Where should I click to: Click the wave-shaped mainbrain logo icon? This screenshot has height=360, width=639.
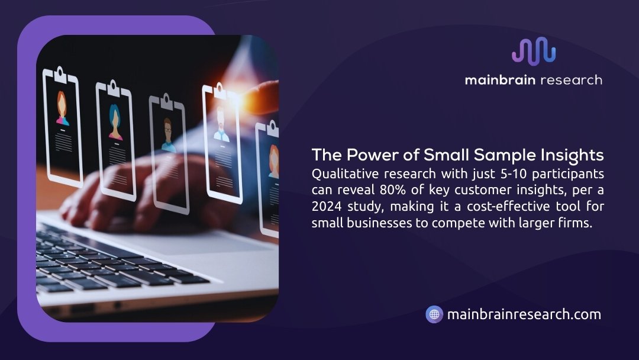[x=534, y=51]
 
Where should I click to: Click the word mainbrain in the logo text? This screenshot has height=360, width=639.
[x=500, y=79]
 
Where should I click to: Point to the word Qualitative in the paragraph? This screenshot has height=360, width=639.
[x=345, y=173]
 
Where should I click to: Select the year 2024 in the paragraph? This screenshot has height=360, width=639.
[x=327, y=206]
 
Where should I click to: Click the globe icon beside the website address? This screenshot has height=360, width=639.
[x=434, y=314]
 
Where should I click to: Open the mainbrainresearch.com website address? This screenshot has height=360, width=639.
[x=524, y=314]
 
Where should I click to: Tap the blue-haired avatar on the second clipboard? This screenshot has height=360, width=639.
[x=115, y=122]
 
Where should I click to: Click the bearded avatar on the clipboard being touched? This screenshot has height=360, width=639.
[x=221, y=124]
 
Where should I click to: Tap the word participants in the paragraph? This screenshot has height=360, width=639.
[x=568, y=174]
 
